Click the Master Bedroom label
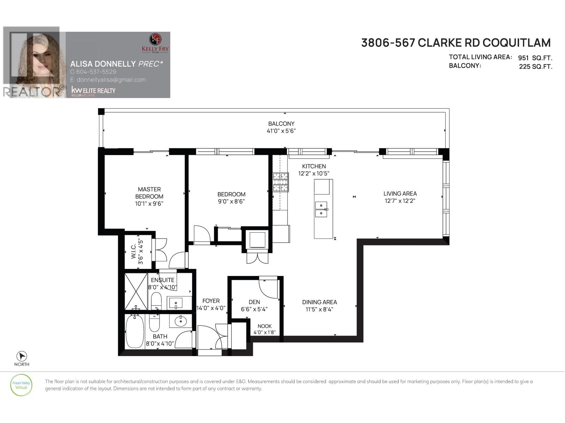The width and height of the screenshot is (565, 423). click(x=149, y=193)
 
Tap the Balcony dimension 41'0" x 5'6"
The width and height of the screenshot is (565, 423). click(x=281, y=131)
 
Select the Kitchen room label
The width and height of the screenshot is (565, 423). click(x=314, y=166)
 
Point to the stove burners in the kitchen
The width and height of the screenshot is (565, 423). click(x=281, y=182)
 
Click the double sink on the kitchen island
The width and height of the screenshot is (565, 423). click(x=321, y=209)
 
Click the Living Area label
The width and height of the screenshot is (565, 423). click(x=400, y=194)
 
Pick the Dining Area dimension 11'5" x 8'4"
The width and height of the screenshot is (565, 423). click(x=319, y=309)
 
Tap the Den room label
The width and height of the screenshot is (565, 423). click(x=254, y=302)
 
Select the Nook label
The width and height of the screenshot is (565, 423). click(x=264, y=326)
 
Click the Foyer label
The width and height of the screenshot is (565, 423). click(x=211, y=301)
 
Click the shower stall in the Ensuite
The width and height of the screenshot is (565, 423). click(x=136, y=291)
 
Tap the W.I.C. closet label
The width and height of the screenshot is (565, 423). click(x=133, y=251)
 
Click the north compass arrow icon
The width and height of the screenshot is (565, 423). click(x=22, y=356)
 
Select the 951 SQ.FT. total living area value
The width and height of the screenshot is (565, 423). click(x=535, y=58)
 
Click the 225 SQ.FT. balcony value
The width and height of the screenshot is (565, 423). click(x=535, y=66)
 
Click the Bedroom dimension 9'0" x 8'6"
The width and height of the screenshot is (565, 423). click(x=231, y=202)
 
